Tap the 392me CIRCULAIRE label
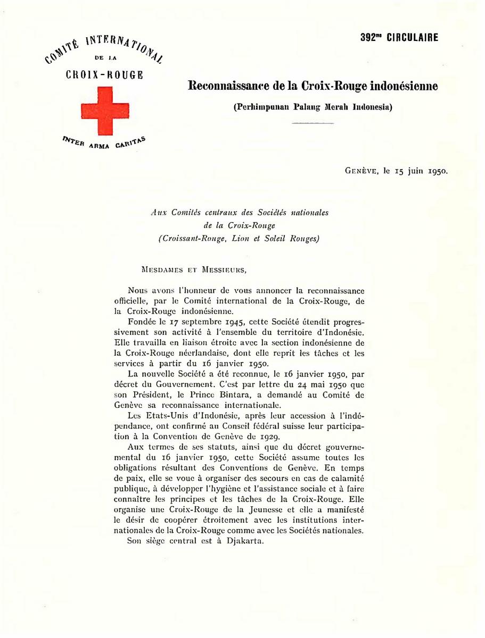[399, 38]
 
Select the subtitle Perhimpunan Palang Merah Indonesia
[313, 107]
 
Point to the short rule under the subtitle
[313, 123]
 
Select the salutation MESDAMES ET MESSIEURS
[194, 270]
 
